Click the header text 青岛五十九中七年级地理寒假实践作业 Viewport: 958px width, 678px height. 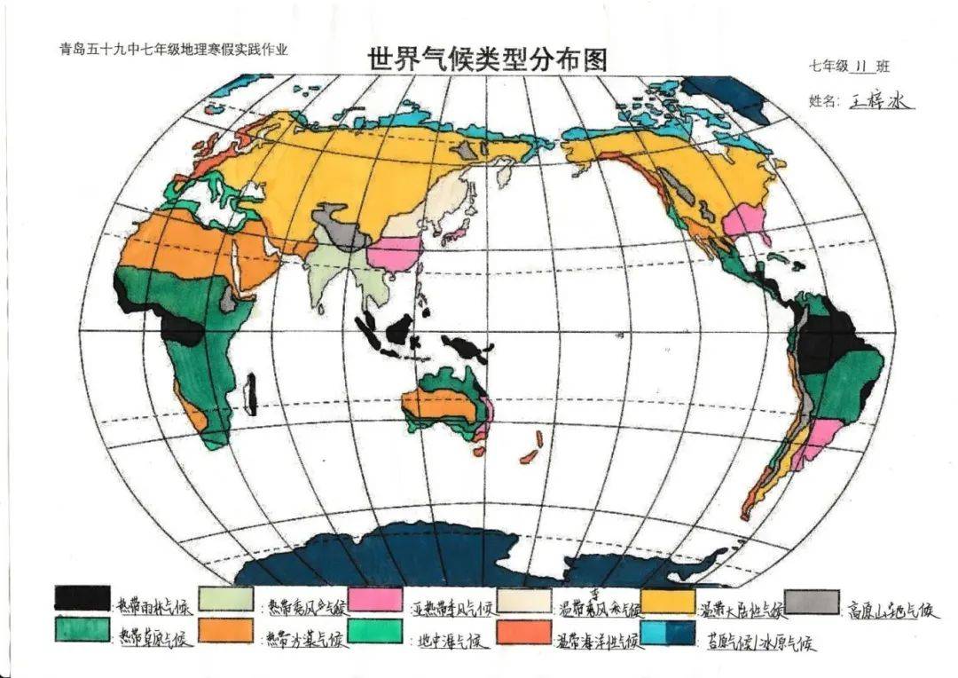pyautogui.click(x=173, y=51)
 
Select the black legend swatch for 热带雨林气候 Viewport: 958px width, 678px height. pyautogui.click(x=82, y=598)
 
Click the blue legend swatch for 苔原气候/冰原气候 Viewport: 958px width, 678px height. pyautogui.click(x=667, y=632)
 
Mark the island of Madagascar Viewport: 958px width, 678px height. pyautogui.click(x=252, y=393)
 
